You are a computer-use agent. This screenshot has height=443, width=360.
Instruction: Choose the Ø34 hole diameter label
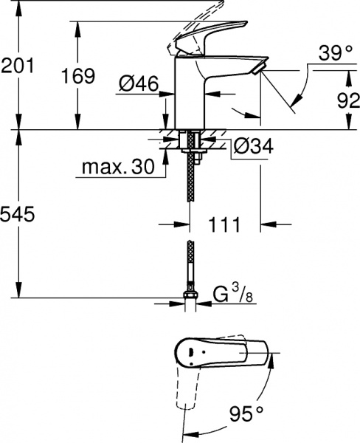252,147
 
